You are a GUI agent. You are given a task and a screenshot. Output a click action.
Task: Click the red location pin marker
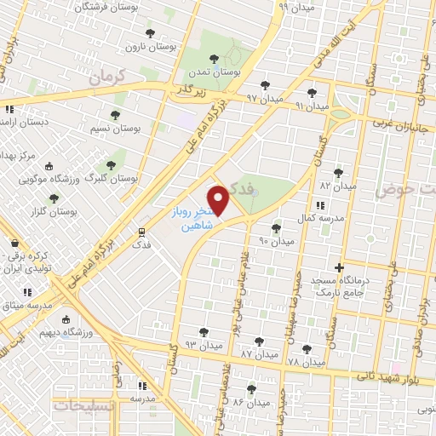[x=220, y=201]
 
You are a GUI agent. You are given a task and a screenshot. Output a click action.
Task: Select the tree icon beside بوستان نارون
[x=151, y=33]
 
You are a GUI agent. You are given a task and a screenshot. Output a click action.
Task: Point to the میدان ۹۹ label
[x=297, y=7]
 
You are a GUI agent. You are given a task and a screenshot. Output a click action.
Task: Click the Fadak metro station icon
[x=142, y=231]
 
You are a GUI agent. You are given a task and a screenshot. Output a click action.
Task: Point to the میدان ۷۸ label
[x=307, y=363]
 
